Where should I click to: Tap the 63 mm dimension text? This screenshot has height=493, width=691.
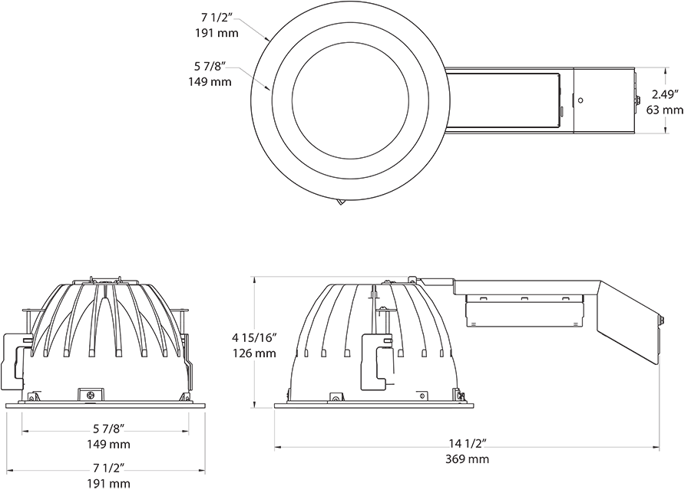(664, 110)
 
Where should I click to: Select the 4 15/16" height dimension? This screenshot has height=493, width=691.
(253, 337)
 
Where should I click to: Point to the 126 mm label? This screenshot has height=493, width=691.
(253, 353)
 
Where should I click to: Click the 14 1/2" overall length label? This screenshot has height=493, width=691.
(467, 443)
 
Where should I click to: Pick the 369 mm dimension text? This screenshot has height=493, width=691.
(467, 459)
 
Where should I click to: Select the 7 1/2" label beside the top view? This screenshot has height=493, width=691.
(217, 18)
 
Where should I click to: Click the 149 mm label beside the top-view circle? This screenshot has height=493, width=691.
(210, 81)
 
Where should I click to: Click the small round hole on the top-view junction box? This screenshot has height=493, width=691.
(580, 100)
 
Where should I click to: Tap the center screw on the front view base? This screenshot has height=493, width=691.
(91, 395)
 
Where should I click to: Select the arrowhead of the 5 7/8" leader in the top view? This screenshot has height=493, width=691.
(269, 90)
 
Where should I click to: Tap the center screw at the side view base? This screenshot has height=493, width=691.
(336, 397)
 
